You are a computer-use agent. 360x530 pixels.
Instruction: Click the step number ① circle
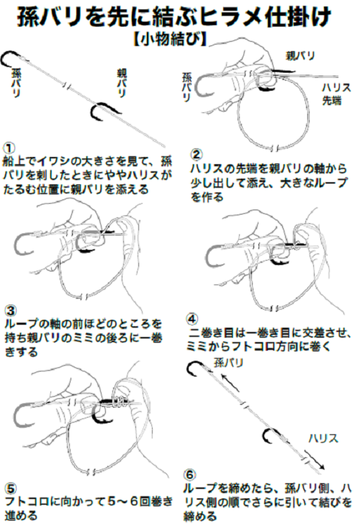pyautogui.click(x=9, y=146)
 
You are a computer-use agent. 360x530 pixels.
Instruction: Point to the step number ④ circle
pyautogui.click(x=193, y=318)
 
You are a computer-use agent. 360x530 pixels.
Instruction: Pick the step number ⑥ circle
pyautogui.click(x=189, y=475)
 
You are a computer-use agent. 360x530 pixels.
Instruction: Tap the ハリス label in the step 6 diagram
pyautogui.click(x=320, y=437)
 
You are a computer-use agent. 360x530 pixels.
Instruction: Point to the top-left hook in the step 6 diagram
pyautogui.click(x=194, y=371)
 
